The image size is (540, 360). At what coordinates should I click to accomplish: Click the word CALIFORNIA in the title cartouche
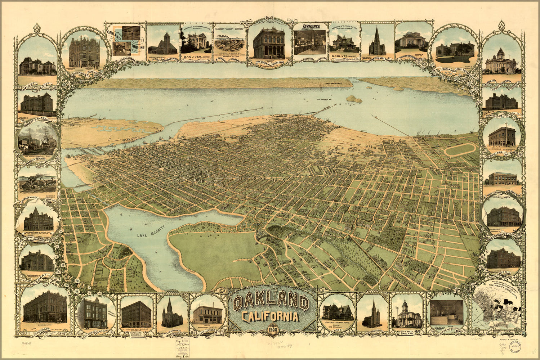tap(271, 316)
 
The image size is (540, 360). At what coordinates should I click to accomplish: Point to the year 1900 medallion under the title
tap(272, 329)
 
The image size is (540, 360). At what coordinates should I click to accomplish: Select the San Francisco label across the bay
tap(332, 84)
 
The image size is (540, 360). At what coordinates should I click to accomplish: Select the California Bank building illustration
tap(84, 52)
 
